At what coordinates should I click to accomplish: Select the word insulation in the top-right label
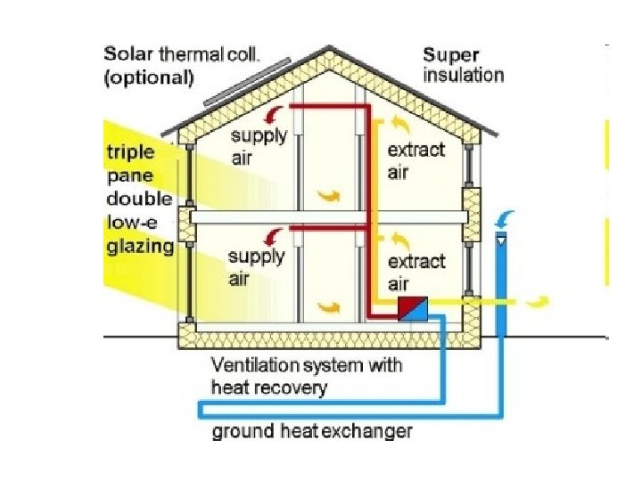464,75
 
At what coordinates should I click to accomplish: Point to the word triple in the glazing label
130,152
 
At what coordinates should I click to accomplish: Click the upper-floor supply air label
259,145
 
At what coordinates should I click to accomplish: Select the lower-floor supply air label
256,266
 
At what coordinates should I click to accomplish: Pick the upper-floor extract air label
416,160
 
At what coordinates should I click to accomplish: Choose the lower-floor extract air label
416,273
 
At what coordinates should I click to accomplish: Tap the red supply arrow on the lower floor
276,234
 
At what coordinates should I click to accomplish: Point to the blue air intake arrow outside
506,217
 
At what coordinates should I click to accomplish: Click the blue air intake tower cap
501,238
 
